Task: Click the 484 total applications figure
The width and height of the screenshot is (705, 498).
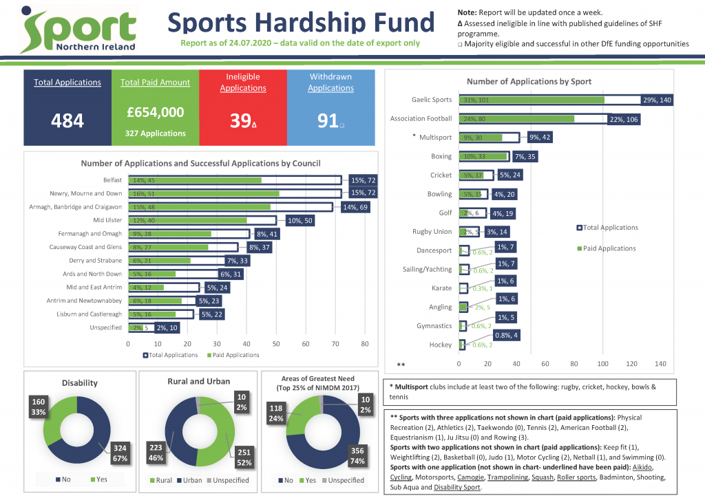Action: click(67, 121)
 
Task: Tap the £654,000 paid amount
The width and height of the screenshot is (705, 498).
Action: click(156, 112)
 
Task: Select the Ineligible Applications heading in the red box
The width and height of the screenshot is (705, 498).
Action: click(243, 83)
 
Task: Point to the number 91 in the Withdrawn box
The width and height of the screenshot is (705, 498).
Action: click(327, 121)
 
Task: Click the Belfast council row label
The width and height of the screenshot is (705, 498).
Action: click(110, 180)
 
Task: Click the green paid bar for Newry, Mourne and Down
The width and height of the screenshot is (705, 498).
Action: click(207, 193)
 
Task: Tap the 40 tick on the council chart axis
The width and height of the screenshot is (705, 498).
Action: click(246, 343)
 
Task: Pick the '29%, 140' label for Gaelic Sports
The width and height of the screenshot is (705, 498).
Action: click(655, 100)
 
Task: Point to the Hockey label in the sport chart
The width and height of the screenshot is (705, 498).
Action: click(441, 345)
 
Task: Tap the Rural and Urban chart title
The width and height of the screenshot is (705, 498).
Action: click(199, 381)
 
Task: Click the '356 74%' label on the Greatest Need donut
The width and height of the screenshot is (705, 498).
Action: click(357, 455)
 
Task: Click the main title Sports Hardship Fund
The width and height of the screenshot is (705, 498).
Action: click(302, 23)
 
